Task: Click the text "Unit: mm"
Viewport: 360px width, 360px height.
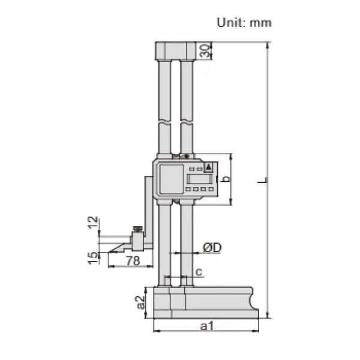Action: [244, 23]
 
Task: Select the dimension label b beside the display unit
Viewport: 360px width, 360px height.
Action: [225, 179]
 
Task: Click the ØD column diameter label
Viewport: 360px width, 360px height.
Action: [211, 247]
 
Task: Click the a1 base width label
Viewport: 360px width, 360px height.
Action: [206, 326]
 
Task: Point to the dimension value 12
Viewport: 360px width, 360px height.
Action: [92, 223]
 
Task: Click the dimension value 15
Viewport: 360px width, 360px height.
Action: [92, 258]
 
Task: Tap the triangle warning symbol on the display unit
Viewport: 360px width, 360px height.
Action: [208, 167]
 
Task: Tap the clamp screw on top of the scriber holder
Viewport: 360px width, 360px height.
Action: [137, 229]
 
